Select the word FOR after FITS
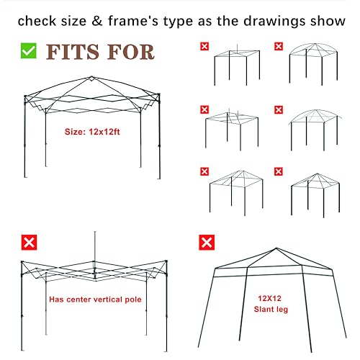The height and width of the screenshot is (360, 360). pyautogui.click(x=130, y=52)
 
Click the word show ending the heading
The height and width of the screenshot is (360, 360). pyautogui.click(x=326, y=20)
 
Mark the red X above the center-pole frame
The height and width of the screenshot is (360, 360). pyautogui.click(x=29, y=242)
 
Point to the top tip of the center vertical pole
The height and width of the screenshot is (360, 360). pyautogui.click(x=94, y=234)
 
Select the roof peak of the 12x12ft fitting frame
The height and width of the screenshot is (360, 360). pyautogui.click(x=92, y=77)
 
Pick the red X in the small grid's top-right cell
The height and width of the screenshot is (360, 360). pyautogui.click(x=278, y=47)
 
